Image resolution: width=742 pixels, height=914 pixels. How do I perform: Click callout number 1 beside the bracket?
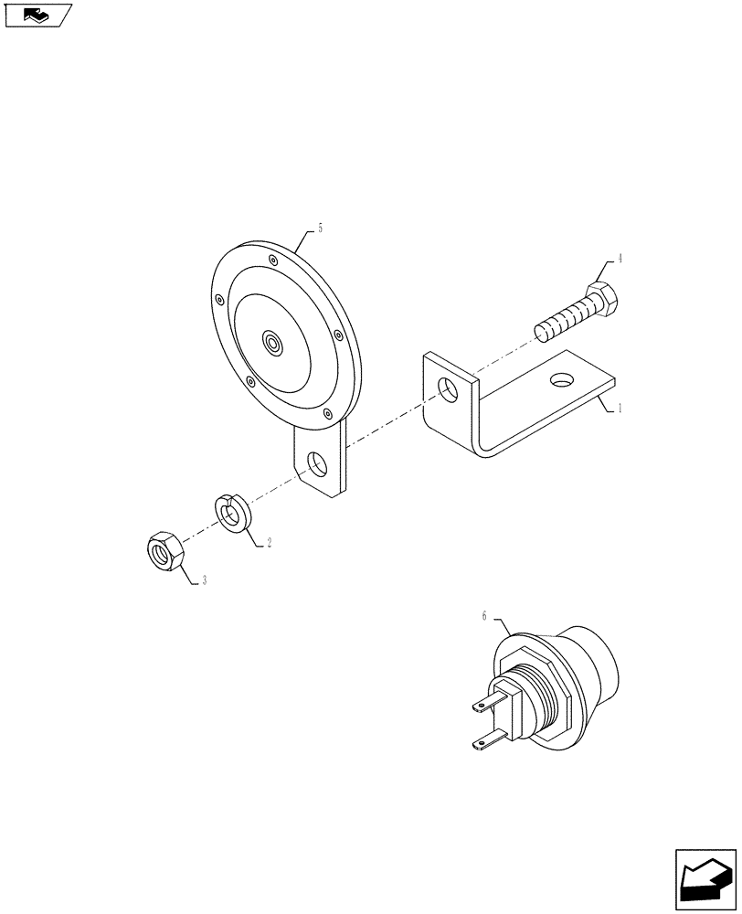point(620,409)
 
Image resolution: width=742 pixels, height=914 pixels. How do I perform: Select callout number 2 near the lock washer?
point(269,542)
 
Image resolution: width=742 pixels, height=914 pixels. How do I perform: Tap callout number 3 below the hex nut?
point(204,580)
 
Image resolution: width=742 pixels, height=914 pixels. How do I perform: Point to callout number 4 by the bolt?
point(620,259)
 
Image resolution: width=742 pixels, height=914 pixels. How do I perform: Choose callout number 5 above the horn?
point(320,228)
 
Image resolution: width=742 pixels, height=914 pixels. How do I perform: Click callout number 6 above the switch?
point(484,617)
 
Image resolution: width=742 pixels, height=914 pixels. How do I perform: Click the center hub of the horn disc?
point(272,343)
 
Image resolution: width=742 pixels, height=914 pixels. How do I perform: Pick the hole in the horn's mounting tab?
point(318,464)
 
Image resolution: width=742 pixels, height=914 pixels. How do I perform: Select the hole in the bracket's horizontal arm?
point(561,377)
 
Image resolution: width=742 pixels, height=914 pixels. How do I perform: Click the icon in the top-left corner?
point(37,15)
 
